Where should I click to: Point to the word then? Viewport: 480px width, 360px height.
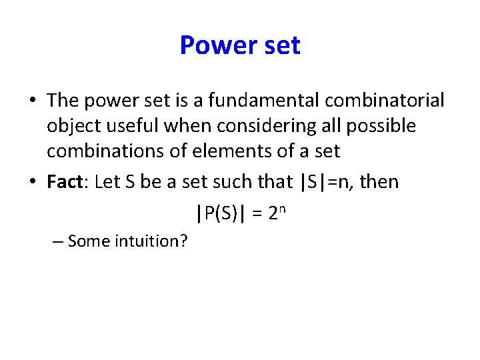379,182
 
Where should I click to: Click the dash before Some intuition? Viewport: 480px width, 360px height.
57,241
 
